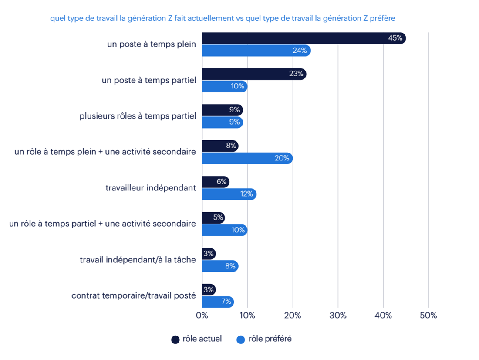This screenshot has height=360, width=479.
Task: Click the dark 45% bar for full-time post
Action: pos(304,38)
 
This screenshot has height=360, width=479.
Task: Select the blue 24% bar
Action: pos(256,51)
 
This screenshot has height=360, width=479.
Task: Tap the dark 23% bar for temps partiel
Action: pos(254,74)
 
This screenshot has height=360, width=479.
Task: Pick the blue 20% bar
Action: pos(247,158)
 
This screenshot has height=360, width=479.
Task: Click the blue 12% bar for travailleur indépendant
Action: pos(229,194)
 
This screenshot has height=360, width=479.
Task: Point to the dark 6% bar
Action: pos(216,182)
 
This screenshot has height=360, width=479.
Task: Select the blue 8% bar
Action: pos(220,266)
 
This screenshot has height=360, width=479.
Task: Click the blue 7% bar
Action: pos(218,302)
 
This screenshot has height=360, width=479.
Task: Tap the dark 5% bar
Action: pos(213,218)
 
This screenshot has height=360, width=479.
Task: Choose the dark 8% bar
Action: pos(220,146)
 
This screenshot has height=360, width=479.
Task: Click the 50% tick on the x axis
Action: pos(428,316)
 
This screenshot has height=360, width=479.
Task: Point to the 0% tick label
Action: pos(202,316)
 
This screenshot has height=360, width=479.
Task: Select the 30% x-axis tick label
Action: pos(338,316)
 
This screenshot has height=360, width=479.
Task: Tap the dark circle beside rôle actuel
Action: pos(176,340)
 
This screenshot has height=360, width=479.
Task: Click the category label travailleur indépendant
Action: pos(151,188)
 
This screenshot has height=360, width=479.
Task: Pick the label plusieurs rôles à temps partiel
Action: pos(138,116)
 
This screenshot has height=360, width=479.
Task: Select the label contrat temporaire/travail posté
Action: pos(134,295)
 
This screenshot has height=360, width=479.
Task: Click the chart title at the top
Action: pos(223,18)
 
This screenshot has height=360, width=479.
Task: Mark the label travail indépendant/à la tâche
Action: pos(138,260)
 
